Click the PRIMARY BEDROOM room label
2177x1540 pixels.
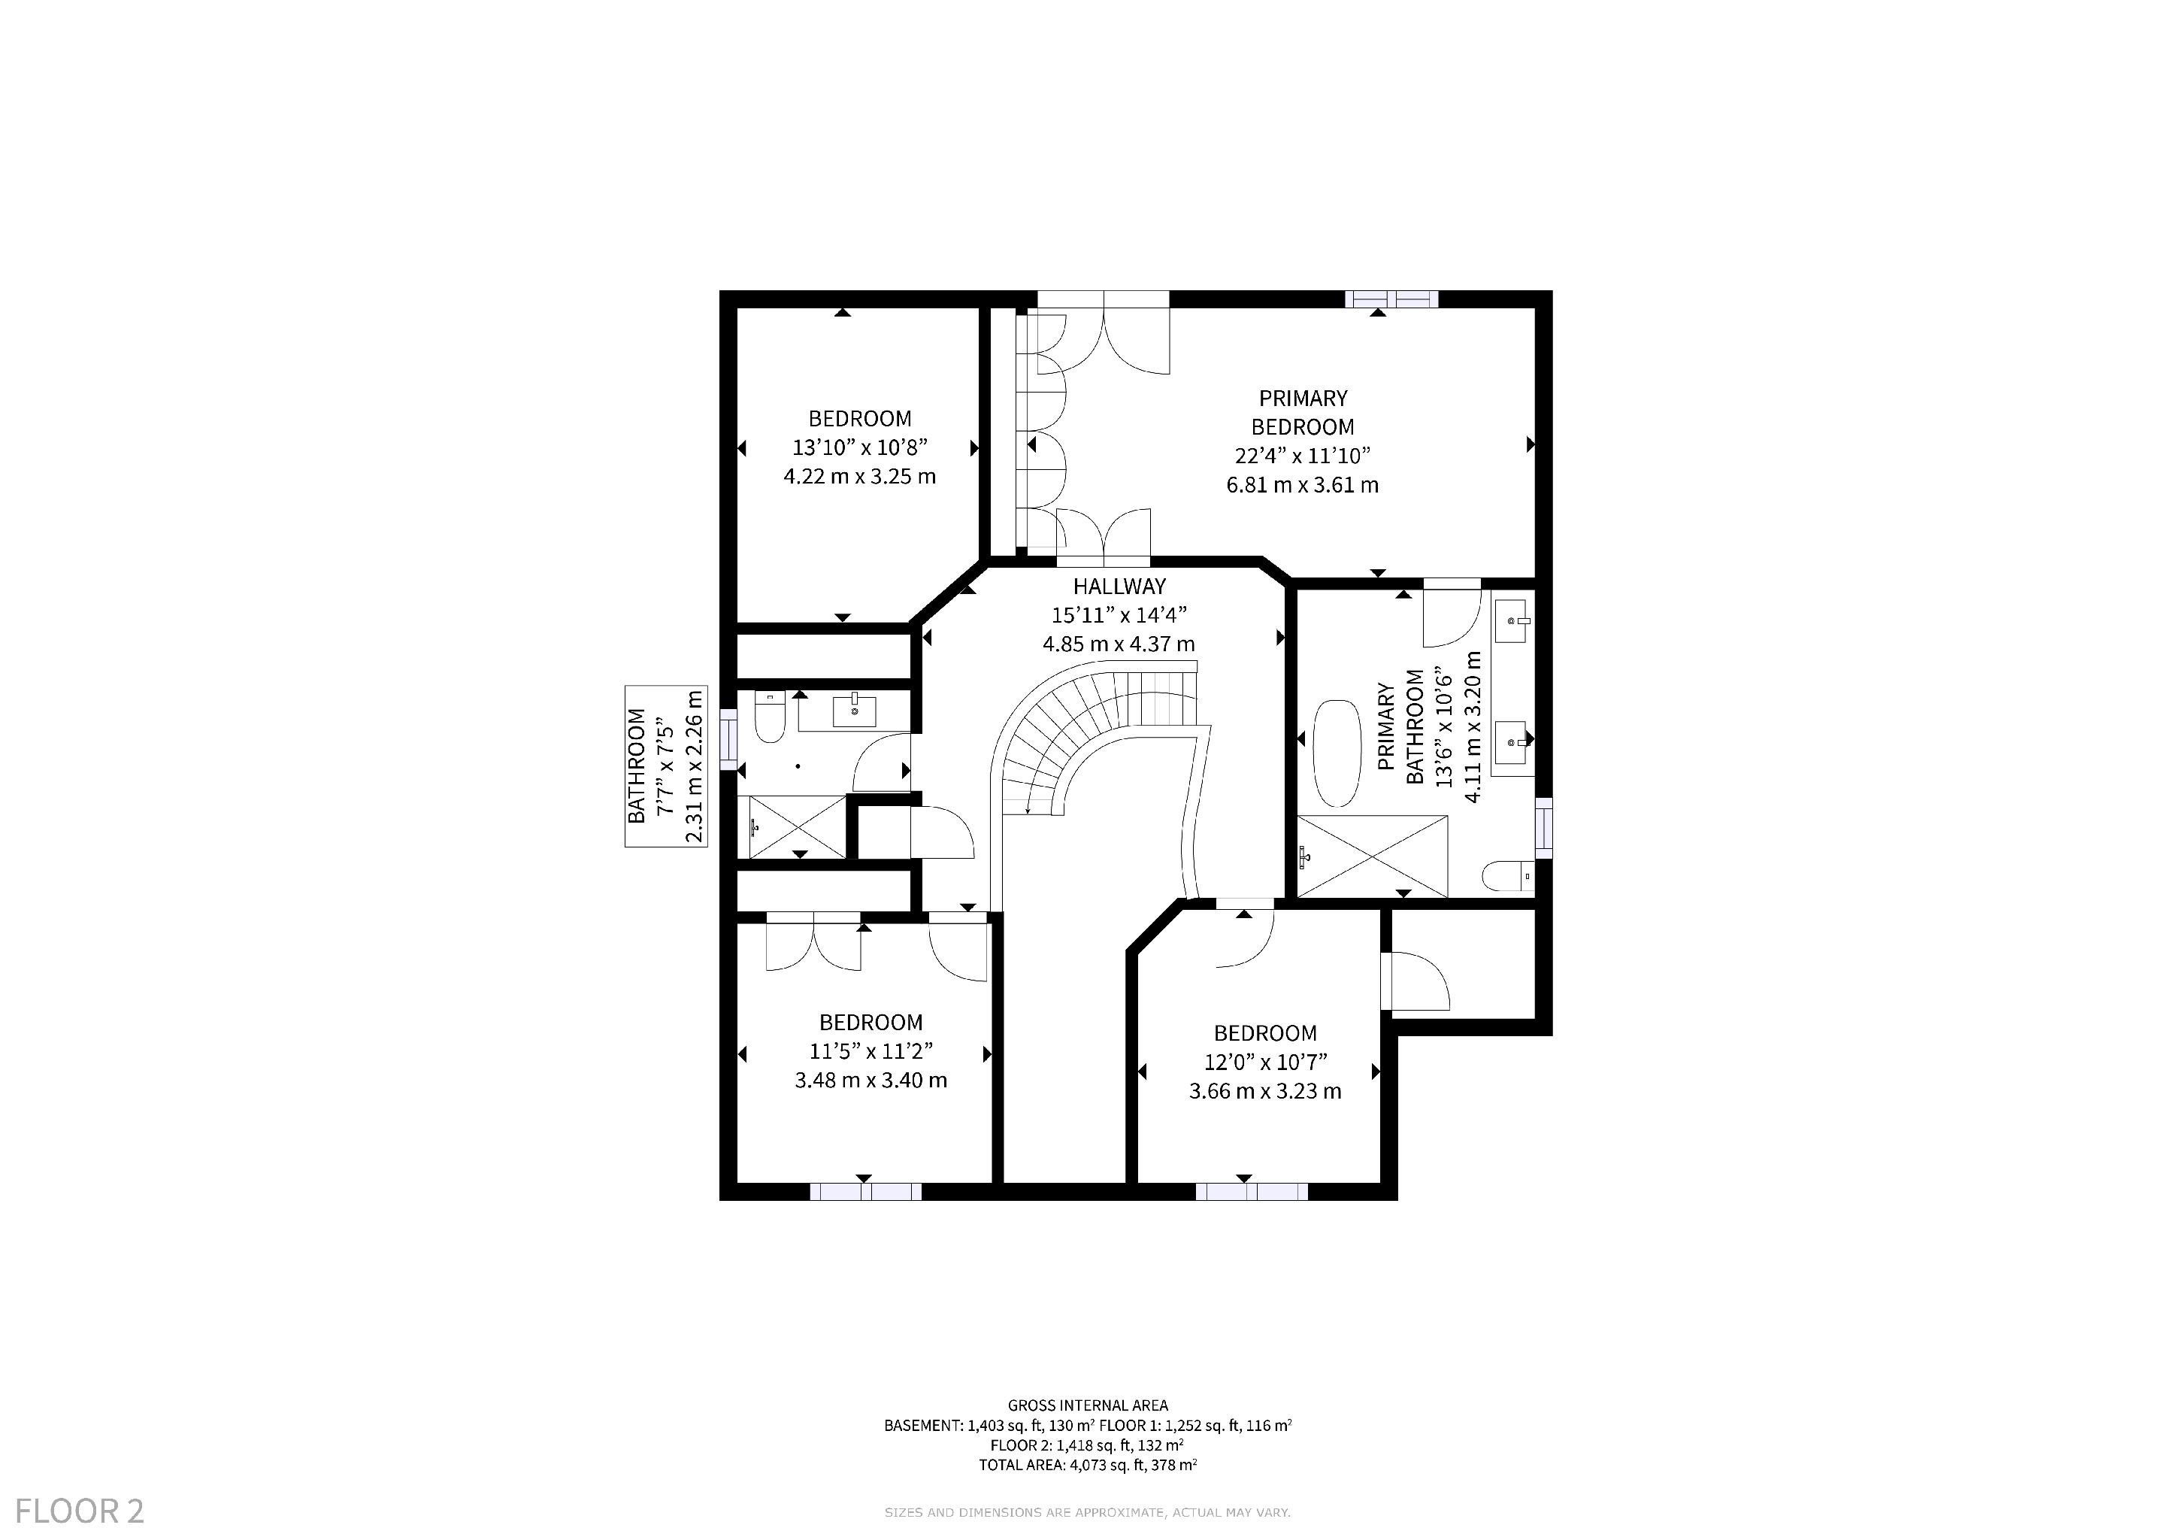(1302, 413)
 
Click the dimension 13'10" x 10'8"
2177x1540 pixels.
(859, 447)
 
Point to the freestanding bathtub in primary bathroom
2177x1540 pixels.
(1336, 754)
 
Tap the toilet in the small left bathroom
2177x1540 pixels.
(769, 718)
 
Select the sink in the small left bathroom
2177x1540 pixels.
(854, 711)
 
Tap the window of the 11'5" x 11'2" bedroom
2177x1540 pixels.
(864, 1192)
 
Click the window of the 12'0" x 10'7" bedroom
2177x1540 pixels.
(1252, 1192)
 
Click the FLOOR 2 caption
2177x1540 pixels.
(80, 1511)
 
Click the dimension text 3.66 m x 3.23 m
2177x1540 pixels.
(1265, 1092)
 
